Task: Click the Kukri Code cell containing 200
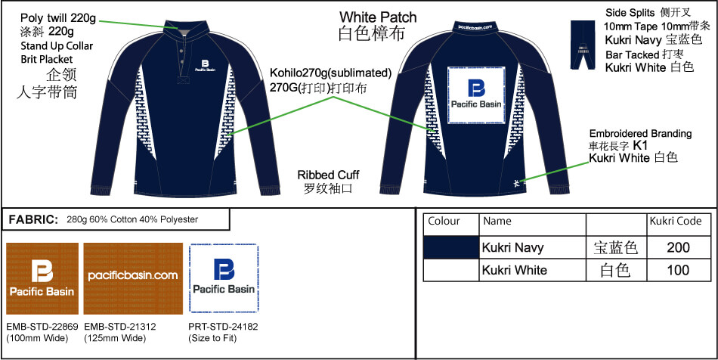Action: point(679,247)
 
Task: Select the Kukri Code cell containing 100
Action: point(679,270)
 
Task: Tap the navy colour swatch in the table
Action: point(451,247)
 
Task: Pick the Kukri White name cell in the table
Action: point(514,270)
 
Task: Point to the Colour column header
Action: point(444,222)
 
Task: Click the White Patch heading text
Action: point(377,17)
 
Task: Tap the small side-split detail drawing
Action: point(583,45)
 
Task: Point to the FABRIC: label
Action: point(33,219)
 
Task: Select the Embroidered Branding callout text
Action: point(639,133)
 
